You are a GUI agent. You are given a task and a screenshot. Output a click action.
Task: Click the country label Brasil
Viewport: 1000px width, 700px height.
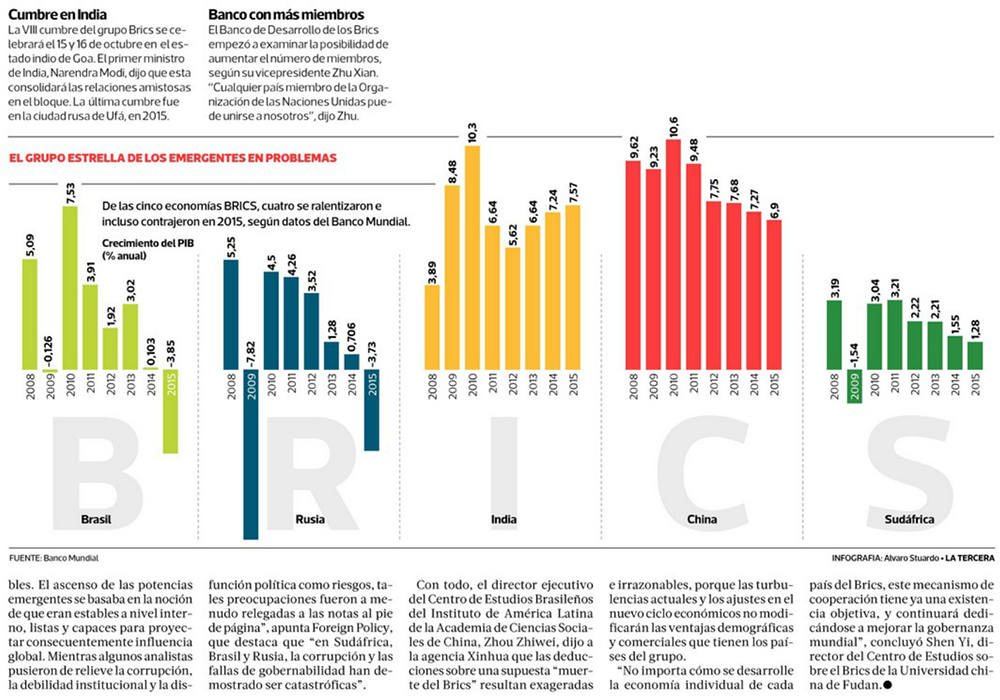96,520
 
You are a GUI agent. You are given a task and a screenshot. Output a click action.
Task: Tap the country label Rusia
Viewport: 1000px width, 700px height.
310,520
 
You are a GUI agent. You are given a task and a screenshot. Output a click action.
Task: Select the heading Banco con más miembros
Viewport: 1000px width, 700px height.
286,15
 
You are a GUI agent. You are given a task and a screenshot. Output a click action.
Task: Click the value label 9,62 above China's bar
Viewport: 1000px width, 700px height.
633,148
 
